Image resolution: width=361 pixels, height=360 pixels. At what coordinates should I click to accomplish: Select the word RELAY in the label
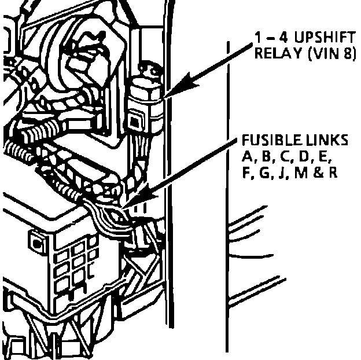pos(272,54)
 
